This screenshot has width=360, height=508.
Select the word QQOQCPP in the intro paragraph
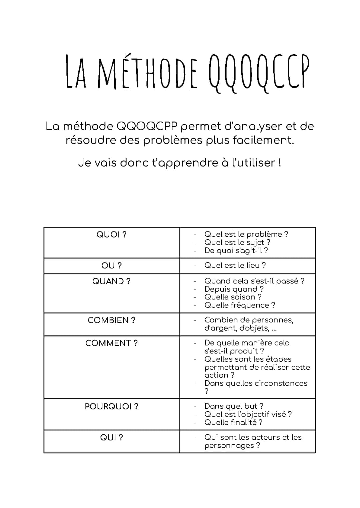tap(147, 126)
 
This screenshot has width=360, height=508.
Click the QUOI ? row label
tap(111, 235)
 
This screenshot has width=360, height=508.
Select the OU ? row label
tap(111, 265)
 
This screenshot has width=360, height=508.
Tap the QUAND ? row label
tap(111, 281)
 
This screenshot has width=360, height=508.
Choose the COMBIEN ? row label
tap(111, 320)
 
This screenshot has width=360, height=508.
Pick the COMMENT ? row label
tap(111, 343)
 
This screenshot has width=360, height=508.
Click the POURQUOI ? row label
tap(111, 406)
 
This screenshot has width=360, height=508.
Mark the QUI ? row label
tap(111, 437)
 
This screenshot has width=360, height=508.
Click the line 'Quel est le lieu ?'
tap(235, 265)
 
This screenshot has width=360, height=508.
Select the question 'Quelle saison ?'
tap(233, 297)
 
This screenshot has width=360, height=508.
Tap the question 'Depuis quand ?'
tap(234, 289)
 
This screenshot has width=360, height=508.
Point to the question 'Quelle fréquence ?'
tap(240, 305)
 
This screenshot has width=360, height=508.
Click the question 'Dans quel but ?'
tap(234, 406)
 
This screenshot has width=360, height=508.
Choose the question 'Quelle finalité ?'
tap(233, 422)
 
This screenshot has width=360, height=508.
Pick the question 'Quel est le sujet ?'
tap(237, 243)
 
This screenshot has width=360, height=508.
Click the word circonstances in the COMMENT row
tap(281, 383)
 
